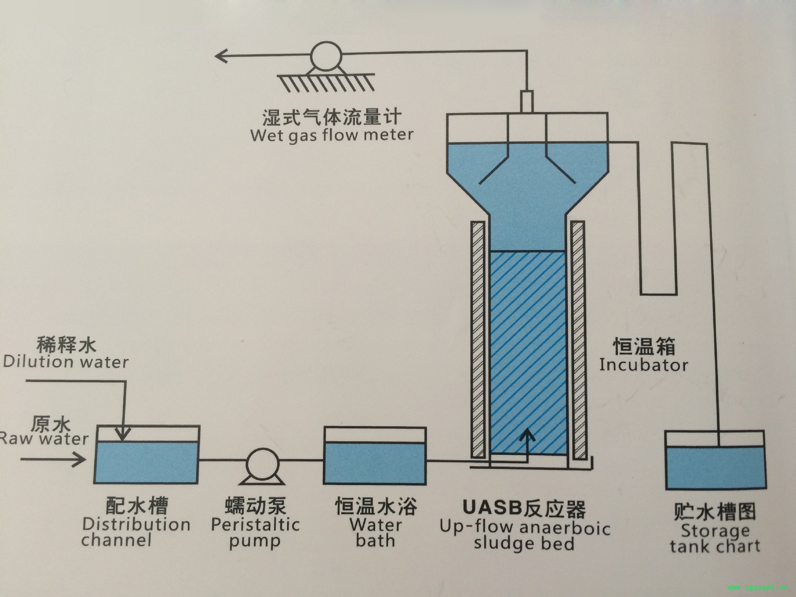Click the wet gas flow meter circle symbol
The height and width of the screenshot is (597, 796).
pos(326,56)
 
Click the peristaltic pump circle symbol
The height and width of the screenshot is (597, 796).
pos(262,463)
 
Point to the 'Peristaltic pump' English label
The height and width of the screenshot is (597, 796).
pos(255,533)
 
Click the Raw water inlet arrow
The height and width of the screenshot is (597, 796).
pos(54,459)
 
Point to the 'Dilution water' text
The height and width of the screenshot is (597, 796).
pos(66,362)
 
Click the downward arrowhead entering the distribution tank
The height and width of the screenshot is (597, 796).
pos(122,434)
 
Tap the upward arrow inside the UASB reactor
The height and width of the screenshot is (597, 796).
pos(527,437)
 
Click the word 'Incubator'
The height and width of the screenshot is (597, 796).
pos(643,365)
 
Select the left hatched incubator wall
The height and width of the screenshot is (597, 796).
pos(478,340)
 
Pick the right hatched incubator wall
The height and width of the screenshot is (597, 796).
pos(578,340)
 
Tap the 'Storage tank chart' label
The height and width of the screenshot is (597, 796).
pos(715,539)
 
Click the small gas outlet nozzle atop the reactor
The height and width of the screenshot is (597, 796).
pos(527,102)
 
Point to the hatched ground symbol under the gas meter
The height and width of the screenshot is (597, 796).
pos(326,82)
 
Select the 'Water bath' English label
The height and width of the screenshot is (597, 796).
pos(376,533)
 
